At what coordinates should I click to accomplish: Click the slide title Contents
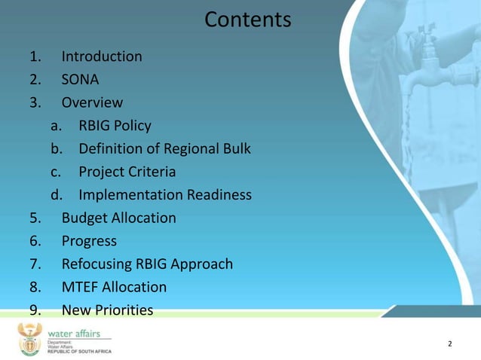[247, 20]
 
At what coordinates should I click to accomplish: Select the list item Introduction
[101, 56]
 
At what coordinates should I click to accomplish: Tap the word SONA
[80, 80]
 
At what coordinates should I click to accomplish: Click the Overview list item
[92, 103]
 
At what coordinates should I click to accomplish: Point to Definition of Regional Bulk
[164, 149]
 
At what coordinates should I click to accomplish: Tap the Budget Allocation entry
[118, 218]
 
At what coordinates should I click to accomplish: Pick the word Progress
[89, 242]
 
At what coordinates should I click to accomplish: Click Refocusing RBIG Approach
[147, 264]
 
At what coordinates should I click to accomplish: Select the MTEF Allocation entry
[114, 288]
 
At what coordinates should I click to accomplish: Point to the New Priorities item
[107, 310]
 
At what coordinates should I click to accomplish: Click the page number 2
[450, 344]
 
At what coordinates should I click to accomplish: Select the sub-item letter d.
[56, 196]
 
